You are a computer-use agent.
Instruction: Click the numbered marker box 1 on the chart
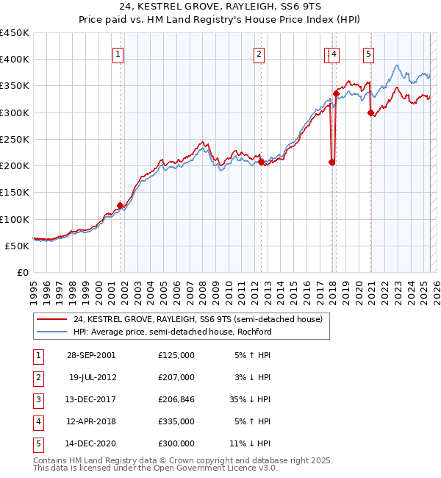pyautogui.click(x=118, y=53)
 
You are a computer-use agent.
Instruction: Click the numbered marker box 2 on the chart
pyautogui.click(x=259, y=53)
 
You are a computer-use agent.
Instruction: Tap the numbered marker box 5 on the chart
pyautogui.click(x=367, y=53)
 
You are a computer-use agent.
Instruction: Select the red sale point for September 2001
pyautogui.click(x=120, y=206)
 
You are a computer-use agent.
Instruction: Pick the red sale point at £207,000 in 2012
pyautogui.click(x=261, y=162)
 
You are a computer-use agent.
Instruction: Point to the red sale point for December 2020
pyautogui.click(x=370, y=113)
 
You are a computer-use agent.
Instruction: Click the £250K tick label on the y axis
pyautogui.click(x=15, y=139)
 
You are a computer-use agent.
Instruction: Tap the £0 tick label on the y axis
pyautogui.click(x=23, y=272)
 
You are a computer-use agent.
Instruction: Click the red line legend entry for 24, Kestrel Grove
pyautogui.click(x=197, y=320)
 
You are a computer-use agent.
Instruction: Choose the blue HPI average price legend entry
pyautogui.click(x=172, y=332)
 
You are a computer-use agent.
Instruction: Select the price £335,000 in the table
pyautogui.click(x=176, y=421)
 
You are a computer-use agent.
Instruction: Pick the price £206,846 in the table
pyautogui.click(x=176, y=399)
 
